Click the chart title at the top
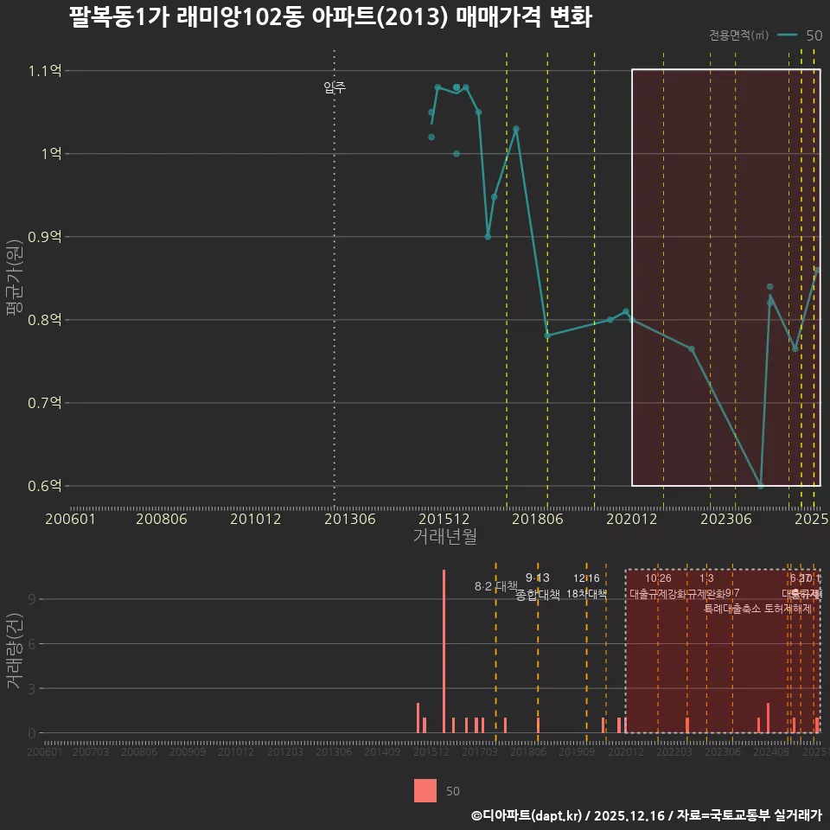pyautogui.click(x=330, y=18)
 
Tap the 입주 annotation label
pyautogui.click(x=335, y=87)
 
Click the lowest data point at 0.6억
pyautogui.click(x=761, y=486)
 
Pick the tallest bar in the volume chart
pyautogui.click(x=444, y=650)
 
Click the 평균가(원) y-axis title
pyautogui.click(x=15, y=278)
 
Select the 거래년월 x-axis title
pyautogui.click(x=444, y=537)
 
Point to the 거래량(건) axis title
pyautogui.click(x=15, y=651)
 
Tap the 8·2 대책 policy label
pyautogui.click(x=495, y=586)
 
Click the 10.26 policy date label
pyautogui.click(x=658, y=578)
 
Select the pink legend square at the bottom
pyautogui.click(x=425, y=790)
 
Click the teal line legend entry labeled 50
pyautogui.click(x=799, y=35)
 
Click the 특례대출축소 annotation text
pyautogui.click(x=732, y=608)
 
